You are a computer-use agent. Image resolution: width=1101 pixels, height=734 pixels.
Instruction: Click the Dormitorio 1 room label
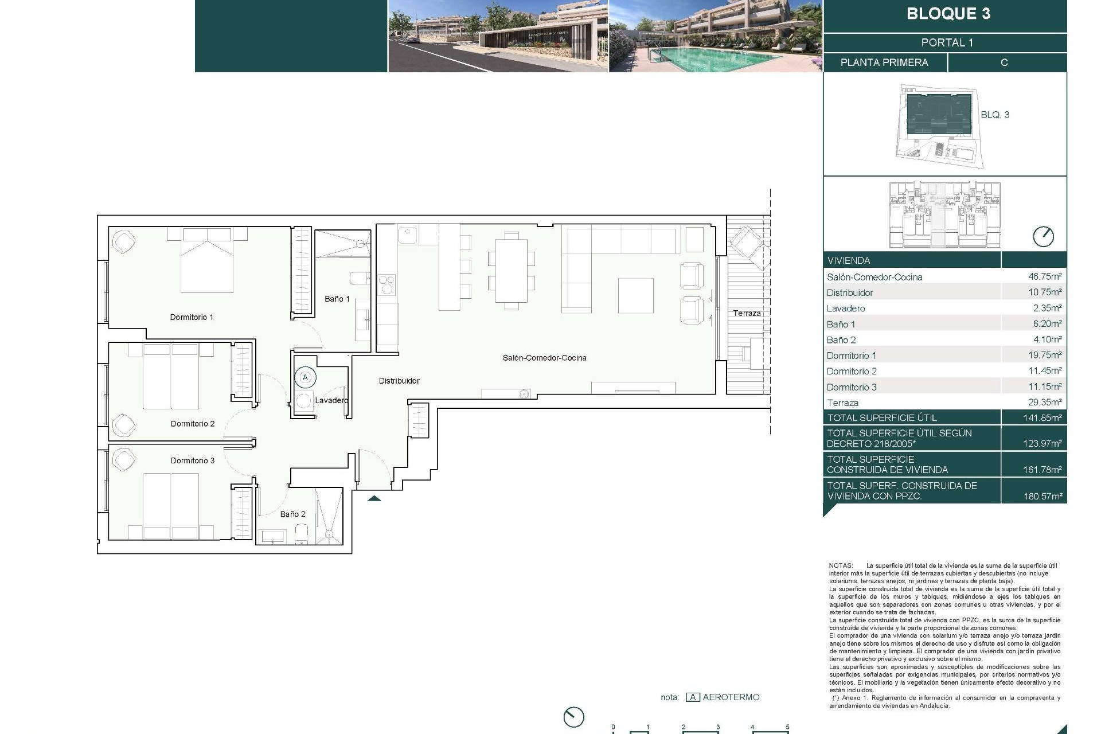(x=192, y=317)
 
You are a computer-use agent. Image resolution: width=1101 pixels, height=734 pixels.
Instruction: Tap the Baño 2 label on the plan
(x=292, y=514)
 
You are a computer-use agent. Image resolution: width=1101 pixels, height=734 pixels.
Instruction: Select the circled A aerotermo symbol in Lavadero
(x=305, y=377)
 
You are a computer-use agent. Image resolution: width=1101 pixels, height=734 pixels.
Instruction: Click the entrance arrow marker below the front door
(x=374, y=498)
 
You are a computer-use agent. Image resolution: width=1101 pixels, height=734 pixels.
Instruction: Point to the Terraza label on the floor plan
(x=747, y=313)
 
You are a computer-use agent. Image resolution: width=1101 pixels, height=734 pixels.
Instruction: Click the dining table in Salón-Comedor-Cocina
(x=511, y=271)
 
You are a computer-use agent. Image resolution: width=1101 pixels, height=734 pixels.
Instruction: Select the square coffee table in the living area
(x=635, y=295)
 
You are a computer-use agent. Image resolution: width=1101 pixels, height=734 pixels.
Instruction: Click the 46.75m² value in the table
(x=1044, y=276)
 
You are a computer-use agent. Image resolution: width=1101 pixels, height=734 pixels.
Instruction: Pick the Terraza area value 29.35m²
(x=1044, y=402)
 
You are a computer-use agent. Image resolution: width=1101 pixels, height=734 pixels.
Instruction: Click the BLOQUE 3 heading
(x=948, y=14)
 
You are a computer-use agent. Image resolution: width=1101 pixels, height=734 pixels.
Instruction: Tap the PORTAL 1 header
(x=947, y=42)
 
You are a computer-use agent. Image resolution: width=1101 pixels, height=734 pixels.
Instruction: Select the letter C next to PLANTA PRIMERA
(x=1004, y=63)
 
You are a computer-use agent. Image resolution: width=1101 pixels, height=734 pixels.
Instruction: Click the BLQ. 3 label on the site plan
(x=994, y=115)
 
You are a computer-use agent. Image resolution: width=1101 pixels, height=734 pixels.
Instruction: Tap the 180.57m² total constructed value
(x=1042, y=496)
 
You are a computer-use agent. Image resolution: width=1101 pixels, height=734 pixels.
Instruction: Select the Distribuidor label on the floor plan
(x=399, y=381)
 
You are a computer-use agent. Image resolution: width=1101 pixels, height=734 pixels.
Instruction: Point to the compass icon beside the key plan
(x=1043, y=236)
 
